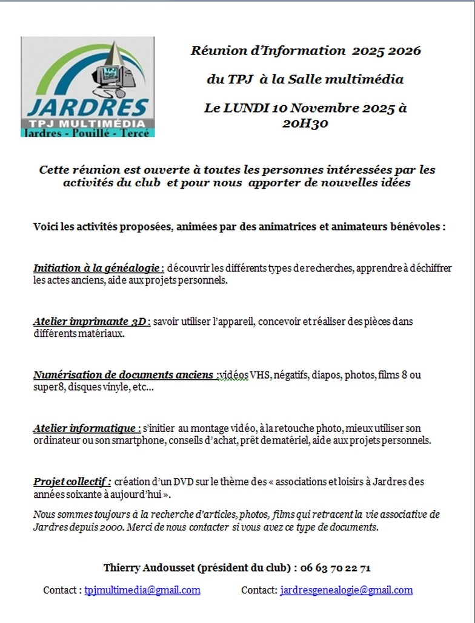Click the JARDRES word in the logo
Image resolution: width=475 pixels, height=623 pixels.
[x=88, y=108]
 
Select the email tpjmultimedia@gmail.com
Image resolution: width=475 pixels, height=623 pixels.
[x=142, y=590]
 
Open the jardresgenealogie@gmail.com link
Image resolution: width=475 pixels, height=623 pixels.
[x=346, y=590]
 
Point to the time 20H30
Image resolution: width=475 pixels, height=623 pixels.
[x=305, y=123]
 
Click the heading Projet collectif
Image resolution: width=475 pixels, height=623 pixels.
[x=72, y=481]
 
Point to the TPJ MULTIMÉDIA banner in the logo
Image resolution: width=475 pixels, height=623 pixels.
[x=87, y=123]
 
